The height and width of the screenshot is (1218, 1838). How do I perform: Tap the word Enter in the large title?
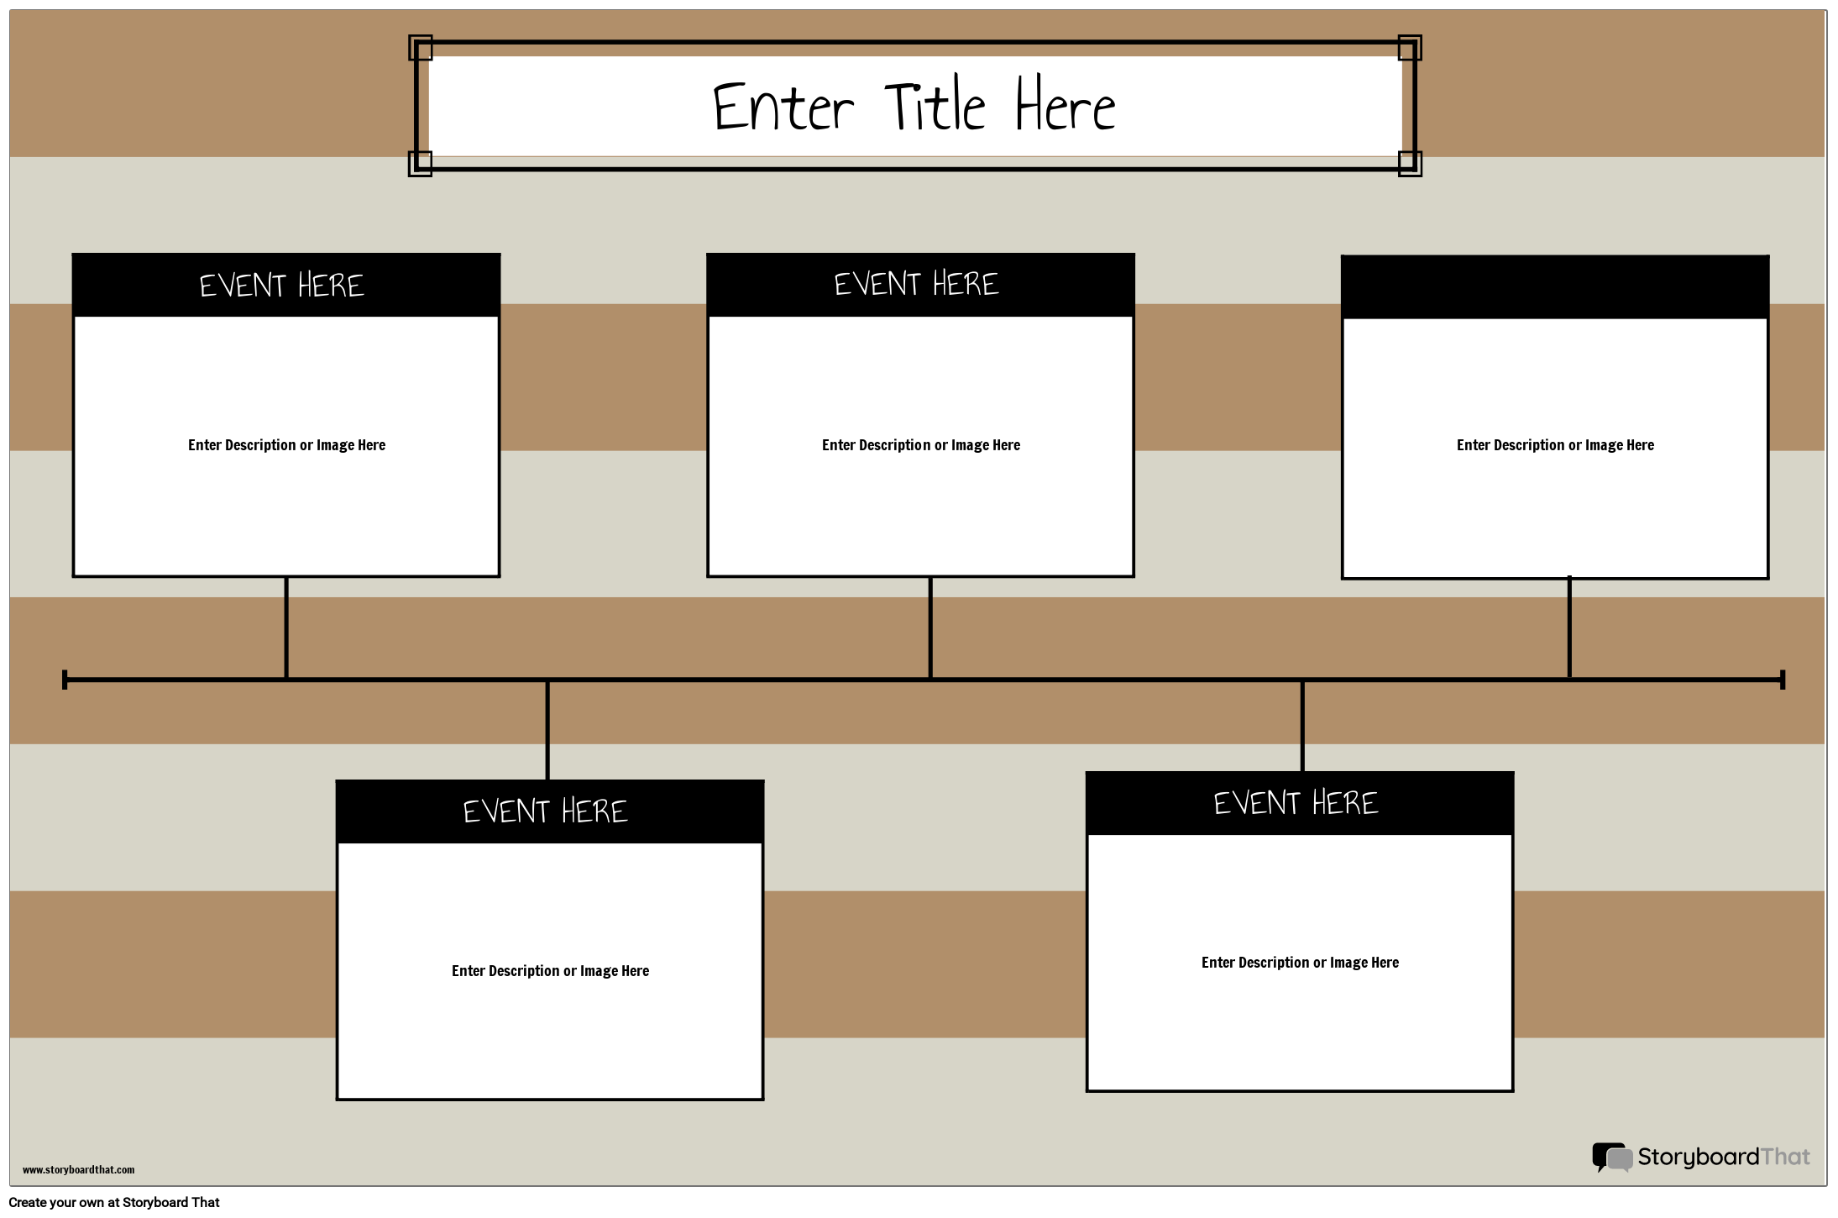tap(783, 108)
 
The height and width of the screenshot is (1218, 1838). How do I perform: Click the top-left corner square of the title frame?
tap(421, 48)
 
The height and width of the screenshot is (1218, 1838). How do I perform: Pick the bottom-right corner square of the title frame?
tap(1410, 163)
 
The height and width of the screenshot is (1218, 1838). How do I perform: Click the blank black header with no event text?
tap(1555, 287)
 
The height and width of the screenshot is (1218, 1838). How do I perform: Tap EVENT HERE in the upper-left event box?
tap(282, 286)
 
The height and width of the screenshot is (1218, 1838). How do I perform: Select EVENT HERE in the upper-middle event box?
tap(916, 284)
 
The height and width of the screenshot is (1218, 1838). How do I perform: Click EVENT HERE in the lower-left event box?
tap(545, 811)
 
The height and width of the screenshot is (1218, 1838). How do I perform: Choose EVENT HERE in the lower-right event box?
tap(1296, 803)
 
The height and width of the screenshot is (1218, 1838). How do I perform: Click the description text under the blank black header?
tap(1555, 445)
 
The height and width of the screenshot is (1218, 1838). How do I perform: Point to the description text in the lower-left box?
tap(550, 971)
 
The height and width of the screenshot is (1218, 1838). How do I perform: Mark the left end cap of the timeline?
tap(65, 680)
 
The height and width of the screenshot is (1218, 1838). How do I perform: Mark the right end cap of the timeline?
tap(1783, 680)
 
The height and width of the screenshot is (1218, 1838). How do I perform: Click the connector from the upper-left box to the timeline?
tap(286, 627)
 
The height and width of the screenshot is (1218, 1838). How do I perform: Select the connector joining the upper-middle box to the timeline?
tap(930, 627)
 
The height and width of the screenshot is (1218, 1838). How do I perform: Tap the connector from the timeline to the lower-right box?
tap(1302, 726)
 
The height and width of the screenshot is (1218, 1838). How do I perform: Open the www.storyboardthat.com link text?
tap(78, 1170)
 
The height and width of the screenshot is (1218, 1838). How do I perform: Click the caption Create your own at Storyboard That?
tap(114, 1203)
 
